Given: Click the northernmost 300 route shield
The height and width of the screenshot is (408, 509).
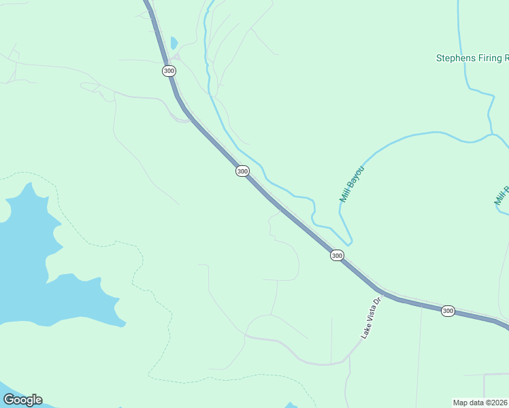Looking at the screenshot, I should click(x=169, y=71).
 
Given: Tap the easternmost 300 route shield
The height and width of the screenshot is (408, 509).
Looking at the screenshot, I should click(x=447, y=311).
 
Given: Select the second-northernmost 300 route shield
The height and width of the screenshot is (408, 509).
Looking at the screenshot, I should click(x=242, y=171).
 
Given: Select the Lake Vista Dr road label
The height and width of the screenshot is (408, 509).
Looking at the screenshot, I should click(x=369, y=318).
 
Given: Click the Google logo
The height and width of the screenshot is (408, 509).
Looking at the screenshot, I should click(x=22, y=400).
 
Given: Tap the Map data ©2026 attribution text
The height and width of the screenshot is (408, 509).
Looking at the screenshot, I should click(x=480, y=402).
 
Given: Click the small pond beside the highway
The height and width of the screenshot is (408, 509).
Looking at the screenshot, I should click(x=174, y=43).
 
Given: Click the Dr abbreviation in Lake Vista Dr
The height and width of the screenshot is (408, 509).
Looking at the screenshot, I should click(x=375, y=301).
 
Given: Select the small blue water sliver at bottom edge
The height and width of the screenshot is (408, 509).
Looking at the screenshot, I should click(x=291, y=405).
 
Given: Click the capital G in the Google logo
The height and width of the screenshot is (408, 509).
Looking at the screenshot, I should click(x=9, y=400).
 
